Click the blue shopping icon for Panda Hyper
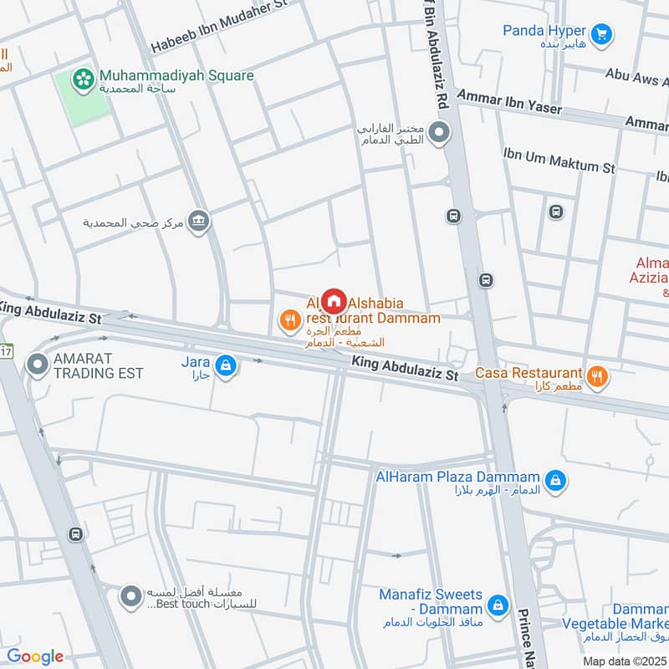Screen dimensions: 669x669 coord(600,34)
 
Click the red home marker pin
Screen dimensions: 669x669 coord(334,301)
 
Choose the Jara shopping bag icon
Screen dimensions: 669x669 coord(225,365)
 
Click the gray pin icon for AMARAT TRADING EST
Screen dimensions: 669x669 coord(37,365)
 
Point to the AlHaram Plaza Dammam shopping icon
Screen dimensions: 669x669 coord(554,480)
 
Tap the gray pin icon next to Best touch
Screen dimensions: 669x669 coord(130,596)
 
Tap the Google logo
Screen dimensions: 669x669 coord(35,656)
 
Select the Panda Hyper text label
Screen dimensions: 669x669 coord(544,31)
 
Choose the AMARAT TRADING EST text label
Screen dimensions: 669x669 coord(99,365)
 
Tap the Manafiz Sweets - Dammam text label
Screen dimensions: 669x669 coord(431,602)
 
